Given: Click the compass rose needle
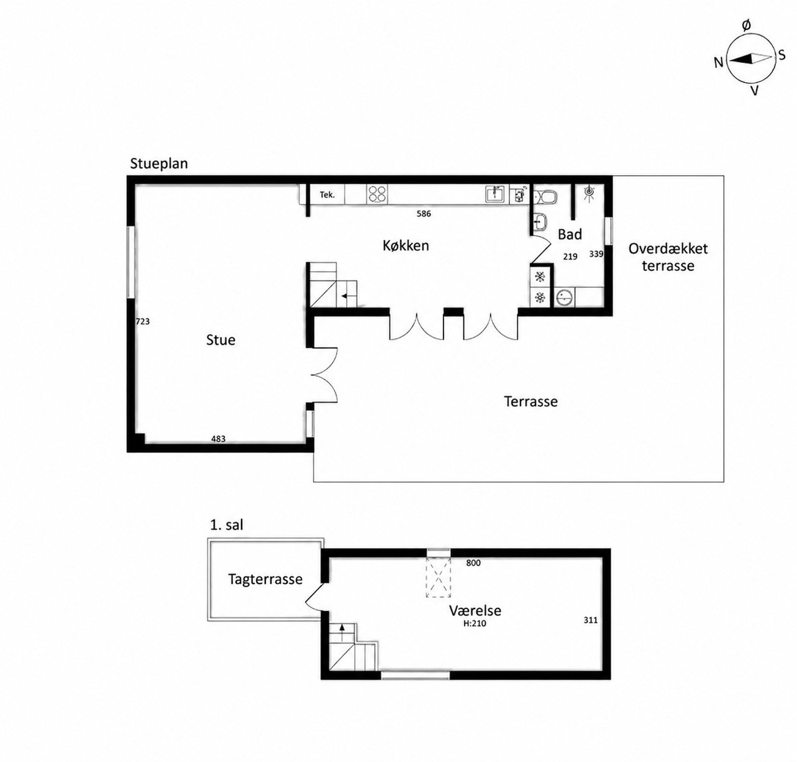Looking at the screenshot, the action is tap(750, 59).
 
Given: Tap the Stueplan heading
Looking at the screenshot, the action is tap(159, 164).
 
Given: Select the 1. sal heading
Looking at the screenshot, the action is tap(227, 525).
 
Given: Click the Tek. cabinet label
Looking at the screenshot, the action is tap(327, 195).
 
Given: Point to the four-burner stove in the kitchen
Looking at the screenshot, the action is tap(377, 194).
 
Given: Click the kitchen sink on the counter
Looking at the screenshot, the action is tap(496, 194).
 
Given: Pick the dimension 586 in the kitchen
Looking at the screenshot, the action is tap(424, 213).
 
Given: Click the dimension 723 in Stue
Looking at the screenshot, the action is tap(142, 321).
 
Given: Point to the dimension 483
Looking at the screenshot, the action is tap(218, 439).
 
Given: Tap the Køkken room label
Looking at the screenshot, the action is tap(406, 246).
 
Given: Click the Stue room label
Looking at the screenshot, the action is tap(221, 339).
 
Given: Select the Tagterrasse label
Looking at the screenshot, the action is tap(265, 579).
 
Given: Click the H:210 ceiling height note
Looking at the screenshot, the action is tap(475, 624).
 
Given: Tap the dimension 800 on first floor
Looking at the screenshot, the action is tap(473, 563).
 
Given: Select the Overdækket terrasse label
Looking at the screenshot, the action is tap(668, 257).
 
